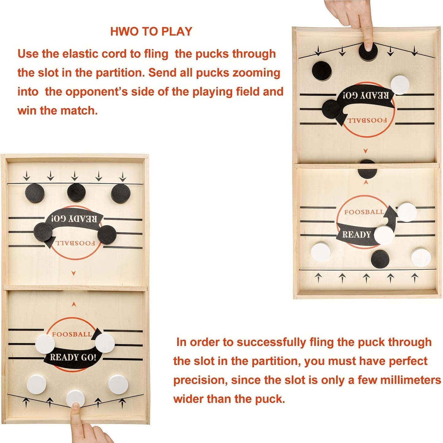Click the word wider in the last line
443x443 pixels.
[x=189, y=399]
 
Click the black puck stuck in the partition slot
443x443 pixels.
[x=367, y=170]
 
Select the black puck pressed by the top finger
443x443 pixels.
[x=368, y=52]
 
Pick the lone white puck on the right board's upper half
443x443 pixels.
[x=400, y=85]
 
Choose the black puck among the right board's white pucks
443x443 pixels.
[x=380, y=259]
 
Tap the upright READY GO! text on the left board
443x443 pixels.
[x=73, y=357]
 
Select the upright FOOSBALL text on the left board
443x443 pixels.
[x=72, y=334]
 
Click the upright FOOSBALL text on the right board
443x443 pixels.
[x=364, y=212]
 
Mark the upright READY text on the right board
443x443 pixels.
[x=356, y=235]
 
